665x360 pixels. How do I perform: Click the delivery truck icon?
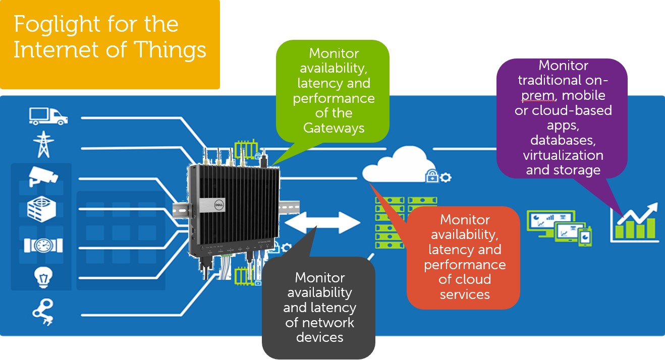(x=48, y=116)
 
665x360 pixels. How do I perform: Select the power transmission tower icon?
(x=43, y=145)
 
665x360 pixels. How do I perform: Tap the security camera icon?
(x=43, y=176)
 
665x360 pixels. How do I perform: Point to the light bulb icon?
(x=43, y=277)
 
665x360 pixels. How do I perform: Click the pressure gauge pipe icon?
(x=43, y=245)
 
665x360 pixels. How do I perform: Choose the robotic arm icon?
(x=43, y=312)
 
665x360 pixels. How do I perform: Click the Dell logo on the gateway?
(x=219, y=205)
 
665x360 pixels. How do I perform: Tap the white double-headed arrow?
(x=322, y=222)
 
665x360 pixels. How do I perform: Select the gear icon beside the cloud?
(x=446, y=177)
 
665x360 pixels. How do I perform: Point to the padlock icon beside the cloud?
(x=432, y=175)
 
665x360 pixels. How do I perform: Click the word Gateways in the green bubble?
(x=334, y=128)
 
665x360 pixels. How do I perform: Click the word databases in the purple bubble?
(x=563, y=140)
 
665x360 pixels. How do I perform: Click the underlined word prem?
(x=538, y=96)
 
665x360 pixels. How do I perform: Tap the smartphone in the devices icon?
(x=585, y=236)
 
